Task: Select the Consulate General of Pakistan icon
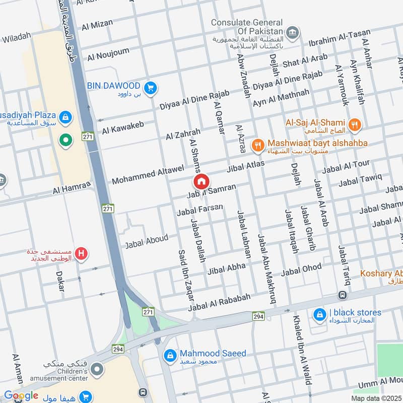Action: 292,34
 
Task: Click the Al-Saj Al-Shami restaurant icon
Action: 355,123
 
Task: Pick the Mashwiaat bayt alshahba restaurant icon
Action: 258,145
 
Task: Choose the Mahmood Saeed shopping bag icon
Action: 170,356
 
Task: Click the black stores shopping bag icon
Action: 319,316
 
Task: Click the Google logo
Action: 21,395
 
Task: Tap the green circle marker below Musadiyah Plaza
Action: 64,140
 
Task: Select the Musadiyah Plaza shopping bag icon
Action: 64,118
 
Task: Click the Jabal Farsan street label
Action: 199,211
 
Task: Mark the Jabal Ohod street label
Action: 301,270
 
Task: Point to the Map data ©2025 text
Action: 376,398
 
